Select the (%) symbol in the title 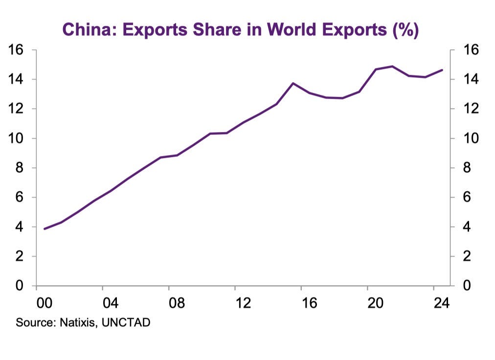[405, 30]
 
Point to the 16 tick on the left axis [17, 50]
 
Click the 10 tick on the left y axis [17, 138]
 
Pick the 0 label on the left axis [20, 286]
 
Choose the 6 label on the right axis [466, 198]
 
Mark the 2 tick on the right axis [466, 256]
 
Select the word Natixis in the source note [78, 323]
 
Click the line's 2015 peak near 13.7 [292, 83]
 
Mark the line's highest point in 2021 [392, 66]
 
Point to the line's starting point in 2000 [45, 229]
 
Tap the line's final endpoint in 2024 [442, 70]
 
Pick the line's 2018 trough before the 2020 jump [342, 98]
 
